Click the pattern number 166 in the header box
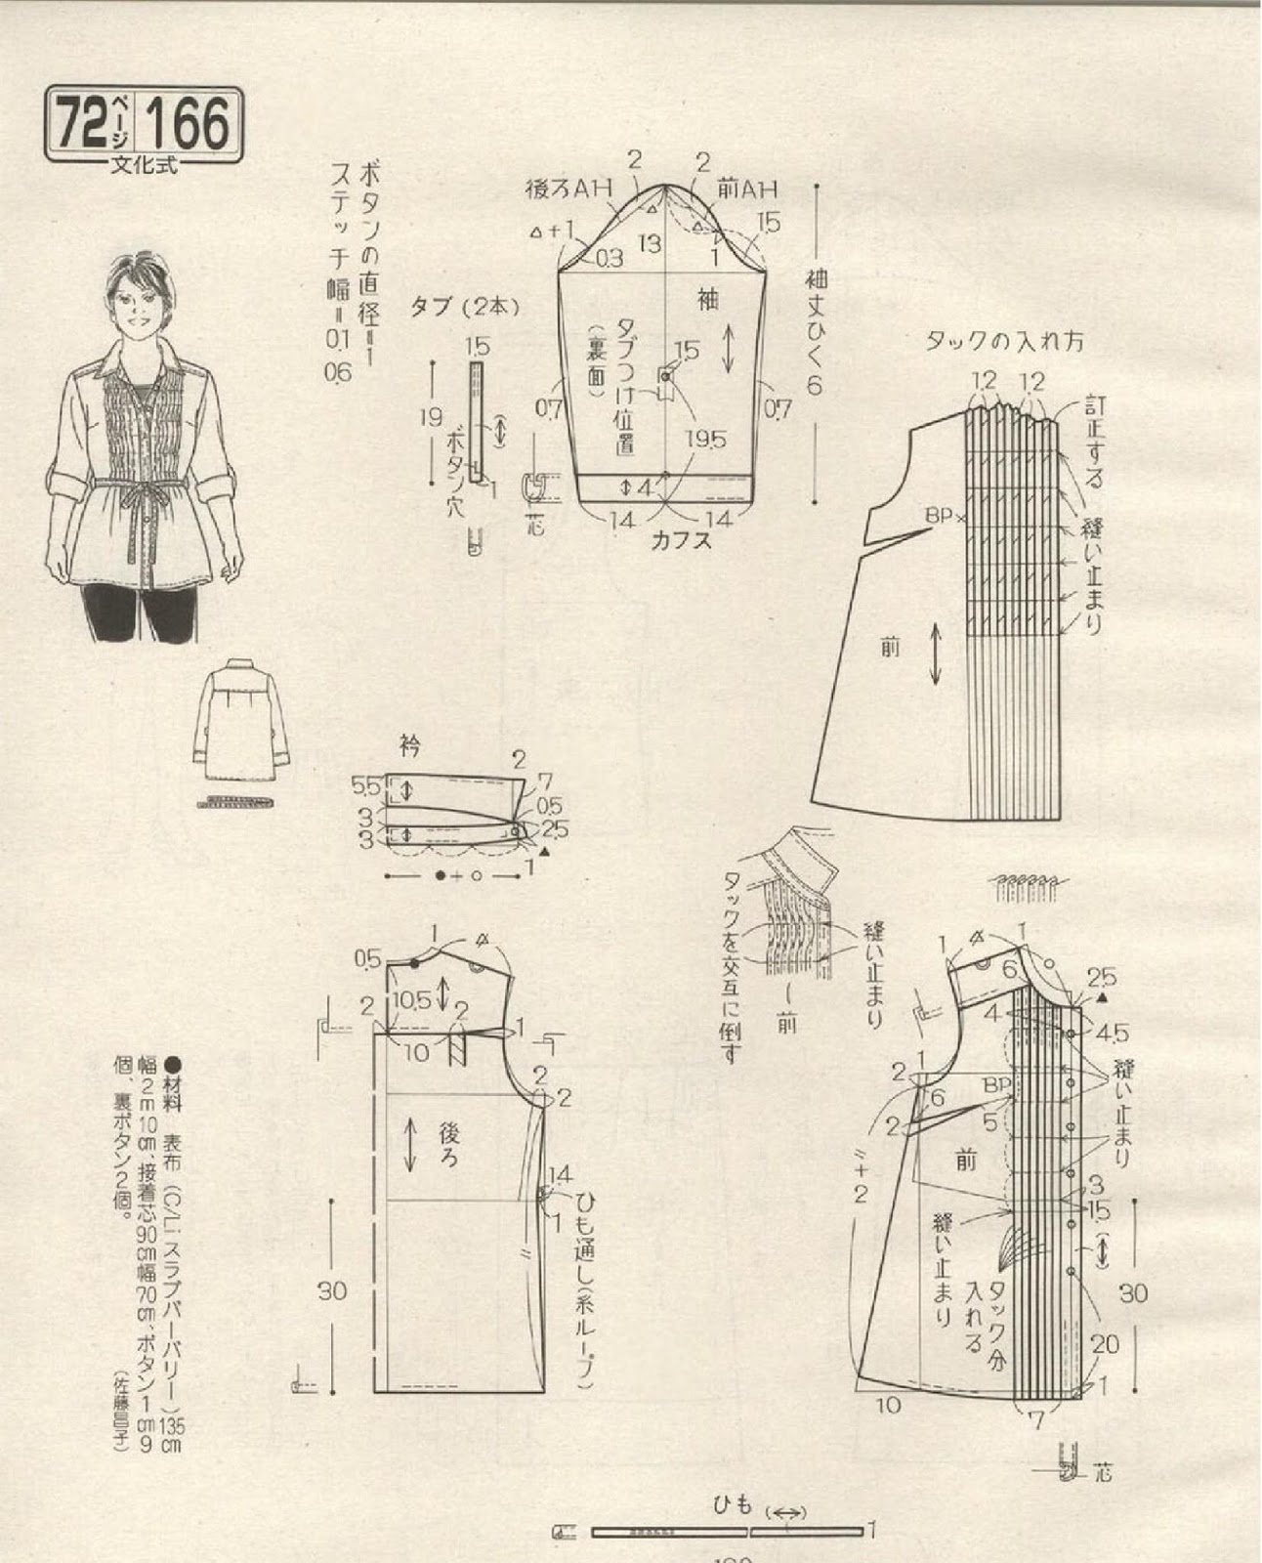pyautogui.click(x=189, y=124)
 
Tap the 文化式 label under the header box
pyautogui.click(x=143, y=165)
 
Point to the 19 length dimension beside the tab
pyautogui.click(x=429, y=419)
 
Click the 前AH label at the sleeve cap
pyautogui.click(x=747, y=190)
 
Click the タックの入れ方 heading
pyautogui.click(x=1004, y=342)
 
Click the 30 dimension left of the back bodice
pyautogui.click(x=332, y=1290)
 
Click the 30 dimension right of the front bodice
pyautogui.click(x=1133, y=1293)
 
